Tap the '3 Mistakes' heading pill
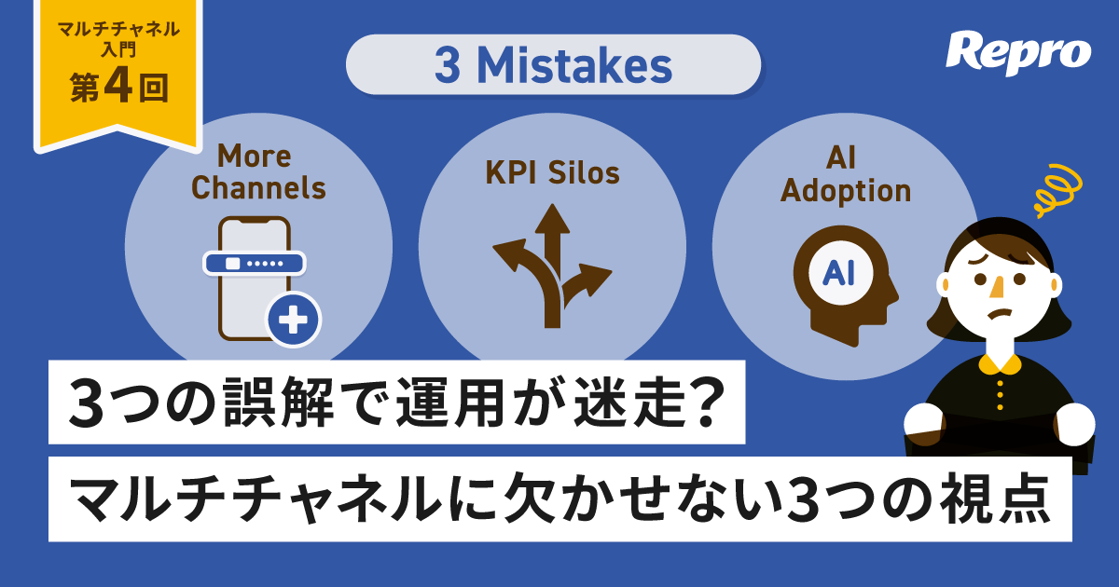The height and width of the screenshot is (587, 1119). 553,65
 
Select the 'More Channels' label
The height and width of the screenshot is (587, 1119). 258,172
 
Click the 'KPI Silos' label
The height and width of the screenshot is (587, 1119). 552,173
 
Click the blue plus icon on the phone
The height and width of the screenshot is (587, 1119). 293,321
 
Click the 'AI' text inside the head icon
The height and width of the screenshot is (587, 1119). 833,271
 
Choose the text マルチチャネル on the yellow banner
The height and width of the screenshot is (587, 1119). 118,28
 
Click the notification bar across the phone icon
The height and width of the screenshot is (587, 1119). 255,264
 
